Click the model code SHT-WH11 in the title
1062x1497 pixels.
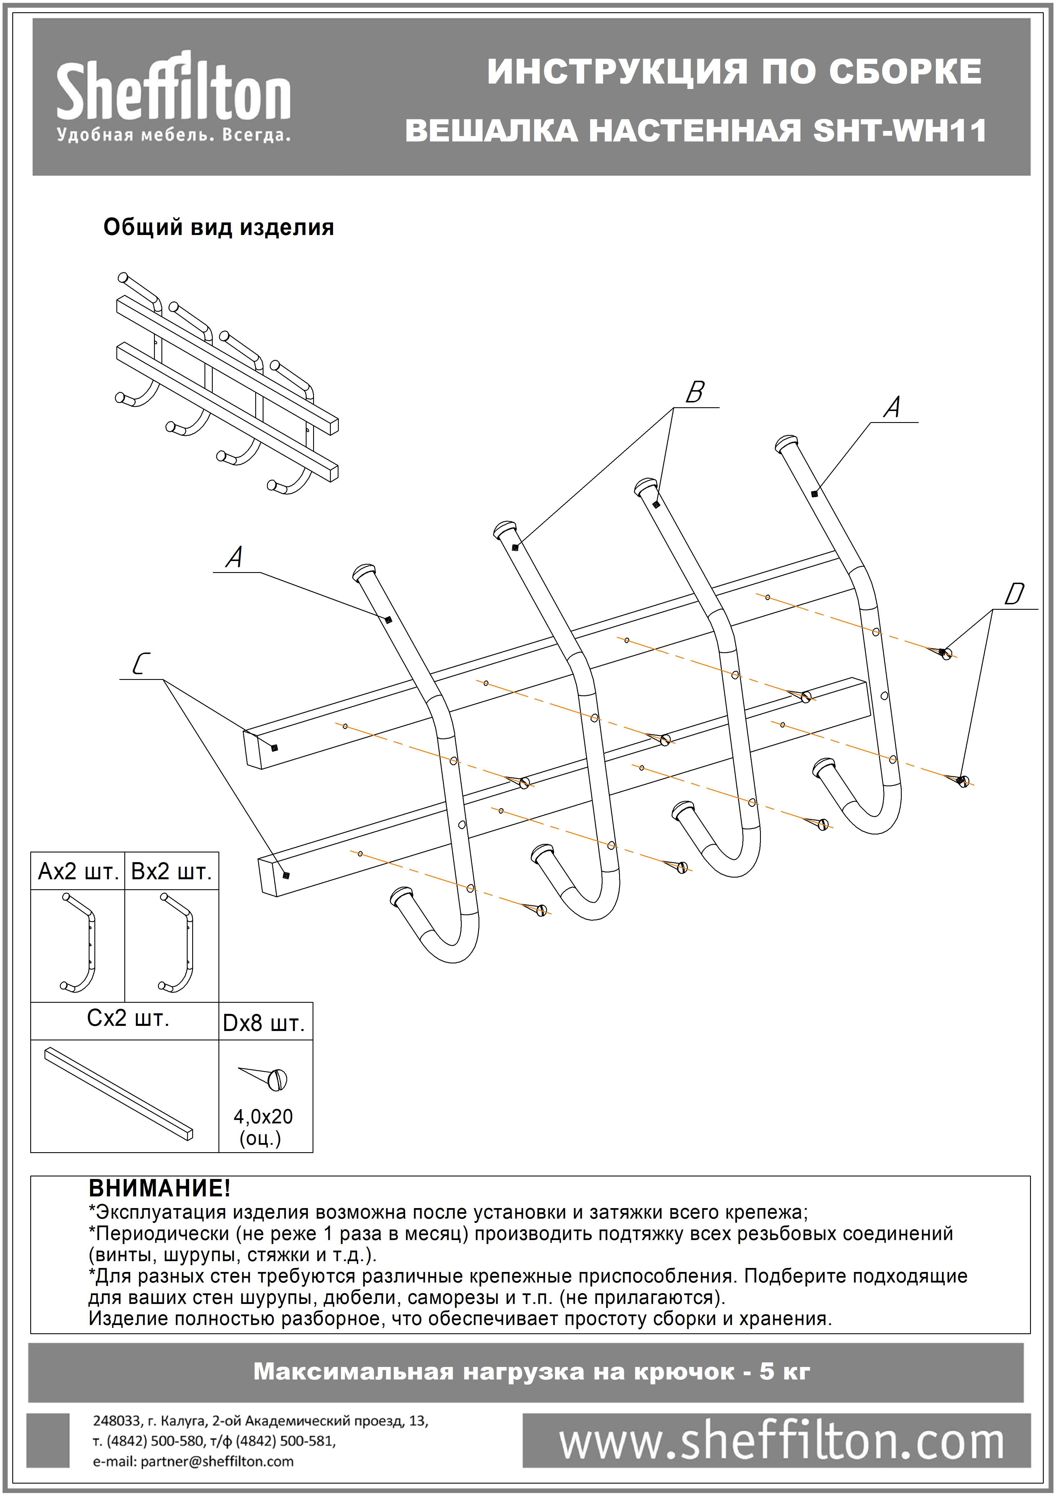pos(899,131)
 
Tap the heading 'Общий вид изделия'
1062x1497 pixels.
pos(218,228)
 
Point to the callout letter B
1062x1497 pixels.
pos(694,392)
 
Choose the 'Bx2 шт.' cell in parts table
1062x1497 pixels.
pos(171,872)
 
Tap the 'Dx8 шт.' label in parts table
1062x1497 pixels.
pos(264,1023)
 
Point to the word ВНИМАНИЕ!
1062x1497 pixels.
pos(159,1188)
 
